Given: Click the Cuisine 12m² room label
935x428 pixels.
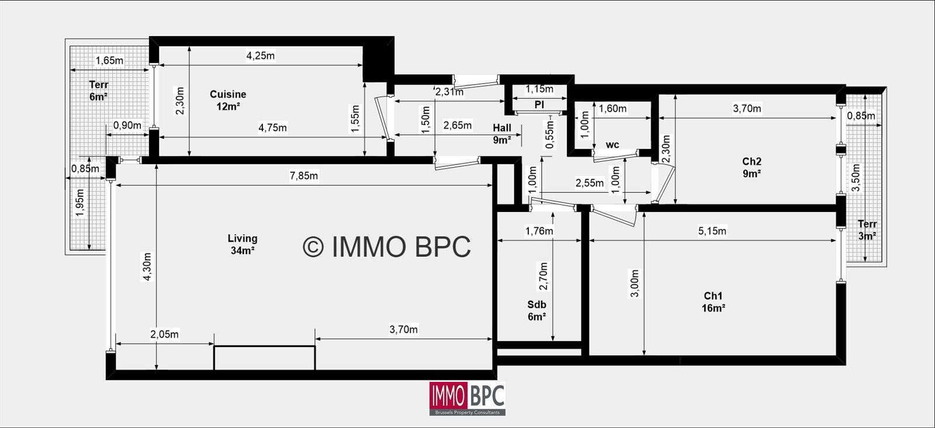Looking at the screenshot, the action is pos(228,100).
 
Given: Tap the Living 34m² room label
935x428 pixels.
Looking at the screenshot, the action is pos(243,244).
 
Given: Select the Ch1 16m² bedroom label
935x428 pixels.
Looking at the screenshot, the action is pos(713,302).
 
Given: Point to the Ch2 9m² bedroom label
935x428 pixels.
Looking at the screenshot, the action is pos(752,167).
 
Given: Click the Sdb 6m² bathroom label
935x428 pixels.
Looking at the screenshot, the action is pos(537,311).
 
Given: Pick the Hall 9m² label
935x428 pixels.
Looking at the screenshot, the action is pos(502,134).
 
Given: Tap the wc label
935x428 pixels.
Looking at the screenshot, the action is pos(612,145).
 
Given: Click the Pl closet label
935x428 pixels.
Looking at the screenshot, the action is pos(539,105).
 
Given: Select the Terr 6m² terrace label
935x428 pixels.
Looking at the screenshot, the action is pos(99,91).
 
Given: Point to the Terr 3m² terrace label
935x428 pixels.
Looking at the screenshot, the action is pos(867,230).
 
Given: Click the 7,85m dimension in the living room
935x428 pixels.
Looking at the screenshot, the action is pos(304,176).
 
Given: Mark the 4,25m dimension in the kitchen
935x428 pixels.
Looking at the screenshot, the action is pos(261,55).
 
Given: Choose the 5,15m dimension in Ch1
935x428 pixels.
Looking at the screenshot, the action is pos(712,231).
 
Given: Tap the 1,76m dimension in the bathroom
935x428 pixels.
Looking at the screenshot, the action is pos(539,231).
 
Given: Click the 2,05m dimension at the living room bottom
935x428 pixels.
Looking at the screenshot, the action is pos(164,334).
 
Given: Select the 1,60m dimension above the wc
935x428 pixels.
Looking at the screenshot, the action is pos(613,109).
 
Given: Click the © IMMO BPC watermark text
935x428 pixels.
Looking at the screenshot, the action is pos(387,246).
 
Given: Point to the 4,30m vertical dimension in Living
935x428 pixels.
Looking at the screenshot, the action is pos(147,267).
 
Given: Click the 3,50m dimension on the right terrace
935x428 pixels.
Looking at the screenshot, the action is pos(856,178).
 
